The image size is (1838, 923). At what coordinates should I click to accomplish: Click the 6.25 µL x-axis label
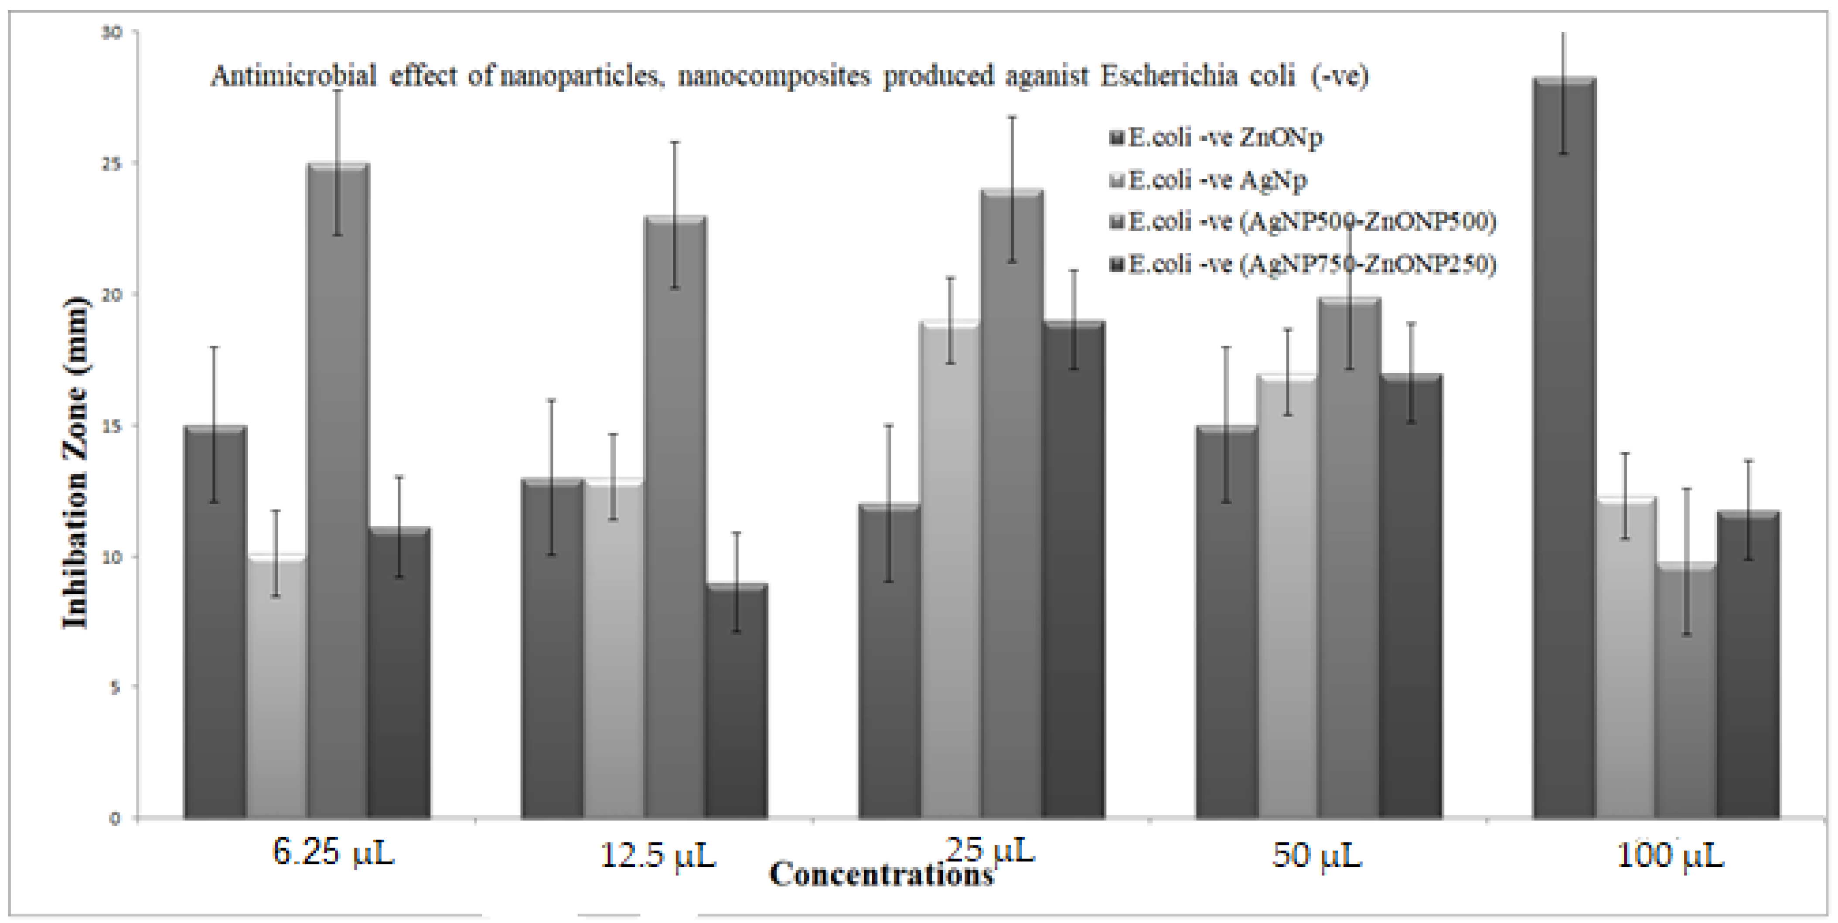point(333,853)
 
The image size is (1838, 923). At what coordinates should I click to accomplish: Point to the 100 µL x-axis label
point(1670,855)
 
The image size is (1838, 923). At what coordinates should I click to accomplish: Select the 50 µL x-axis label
point(1316,855)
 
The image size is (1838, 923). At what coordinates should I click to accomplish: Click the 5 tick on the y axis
point(114,688)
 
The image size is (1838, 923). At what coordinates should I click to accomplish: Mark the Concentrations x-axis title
point(881,875)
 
